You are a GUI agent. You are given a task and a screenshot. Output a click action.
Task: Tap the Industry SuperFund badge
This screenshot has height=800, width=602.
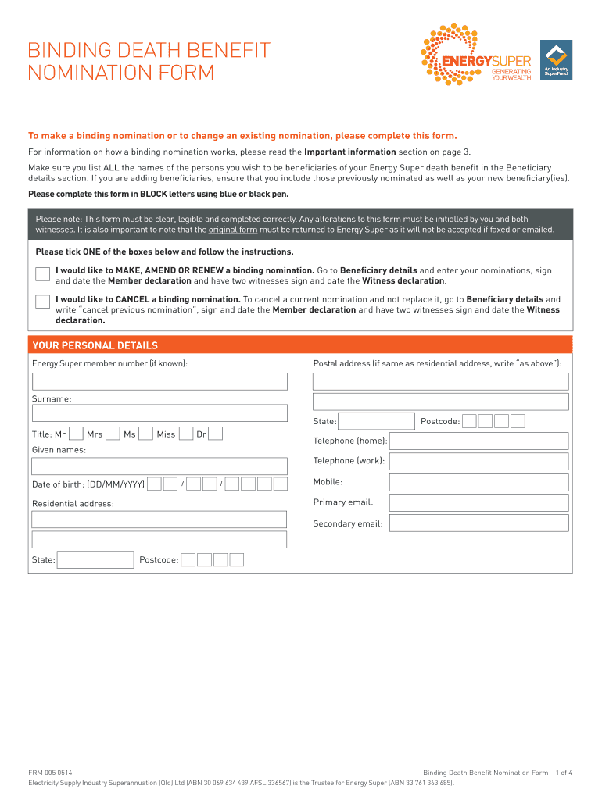[x=556, y=59]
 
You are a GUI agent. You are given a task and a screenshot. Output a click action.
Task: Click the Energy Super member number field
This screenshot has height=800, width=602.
[x=159, y=381]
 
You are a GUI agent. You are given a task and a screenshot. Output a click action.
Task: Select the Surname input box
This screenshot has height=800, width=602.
[x=159, y=413]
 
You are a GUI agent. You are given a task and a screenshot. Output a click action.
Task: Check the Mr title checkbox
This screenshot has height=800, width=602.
[x=77, y=434]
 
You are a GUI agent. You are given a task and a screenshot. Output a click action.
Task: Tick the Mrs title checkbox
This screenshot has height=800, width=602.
[x=113, y=434]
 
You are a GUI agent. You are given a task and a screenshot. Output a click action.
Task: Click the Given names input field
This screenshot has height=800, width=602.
[x=159, y=466]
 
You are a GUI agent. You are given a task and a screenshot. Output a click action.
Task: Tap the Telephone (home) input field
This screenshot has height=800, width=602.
[x=478, y=441]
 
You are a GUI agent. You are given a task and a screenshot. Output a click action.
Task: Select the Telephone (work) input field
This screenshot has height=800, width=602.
[x=478, y=461]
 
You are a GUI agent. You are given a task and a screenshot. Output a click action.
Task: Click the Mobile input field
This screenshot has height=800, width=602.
[x=478, y=482]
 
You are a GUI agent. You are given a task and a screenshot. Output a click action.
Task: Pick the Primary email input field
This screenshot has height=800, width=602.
[x=478, y=502]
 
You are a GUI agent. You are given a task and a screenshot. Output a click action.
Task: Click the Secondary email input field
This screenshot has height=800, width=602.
[x=478, y=523]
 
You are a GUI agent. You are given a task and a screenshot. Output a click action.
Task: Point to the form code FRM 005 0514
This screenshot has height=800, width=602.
[x=51, y=773]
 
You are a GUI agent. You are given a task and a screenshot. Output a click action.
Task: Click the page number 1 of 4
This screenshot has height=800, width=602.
[x=564, y=773]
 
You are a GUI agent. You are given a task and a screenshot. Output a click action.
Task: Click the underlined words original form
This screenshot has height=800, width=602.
[x=234, y=230]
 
